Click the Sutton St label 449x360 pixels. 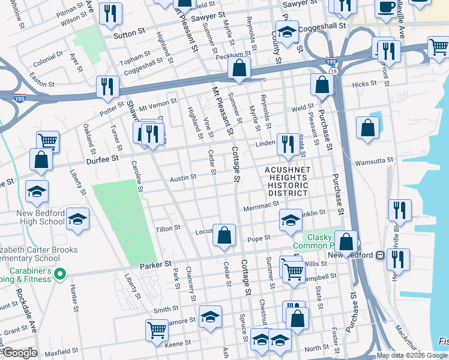[x=125, y=35]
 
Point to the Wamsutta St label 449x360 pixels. [x=373, y=161]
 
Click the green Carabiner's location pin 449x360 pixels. [x=59, y=274]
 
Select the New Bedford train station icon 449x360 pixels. [x=379, y=255]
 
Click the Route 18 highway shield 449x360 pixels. [x=334, y=71]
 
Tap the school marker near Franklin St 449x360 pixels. [x=291, y=220]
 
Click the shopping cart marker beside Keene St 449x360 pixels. [x=157, y=329]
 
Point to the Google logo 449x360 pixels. [x=20, y=353]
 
